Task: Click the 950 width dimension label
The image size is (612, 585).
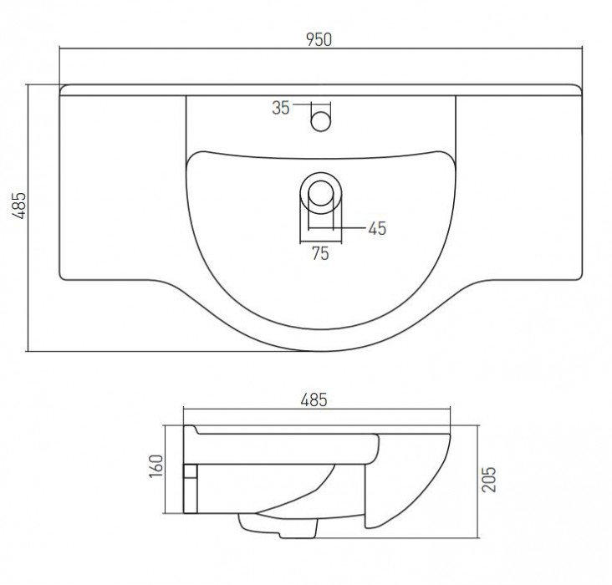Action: [x=319, y=39]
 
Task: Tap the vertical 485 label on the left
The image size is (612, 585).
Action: [x=18, y=206]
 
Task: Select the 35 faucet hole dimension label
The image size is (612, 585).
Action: [x=281, y=108]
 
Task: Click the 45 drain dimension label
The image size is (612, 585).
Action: [x=377, y=229]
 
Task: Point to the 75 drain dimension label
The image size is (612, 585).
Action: [x=320, y=254]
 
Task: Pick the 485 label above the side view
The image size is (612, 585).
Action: [x=314, y=400]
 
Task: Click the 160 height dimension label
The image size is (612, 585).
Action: [x=156, y=465]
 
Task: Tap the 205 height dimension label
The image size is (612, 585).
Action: [x=489, y=480]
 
